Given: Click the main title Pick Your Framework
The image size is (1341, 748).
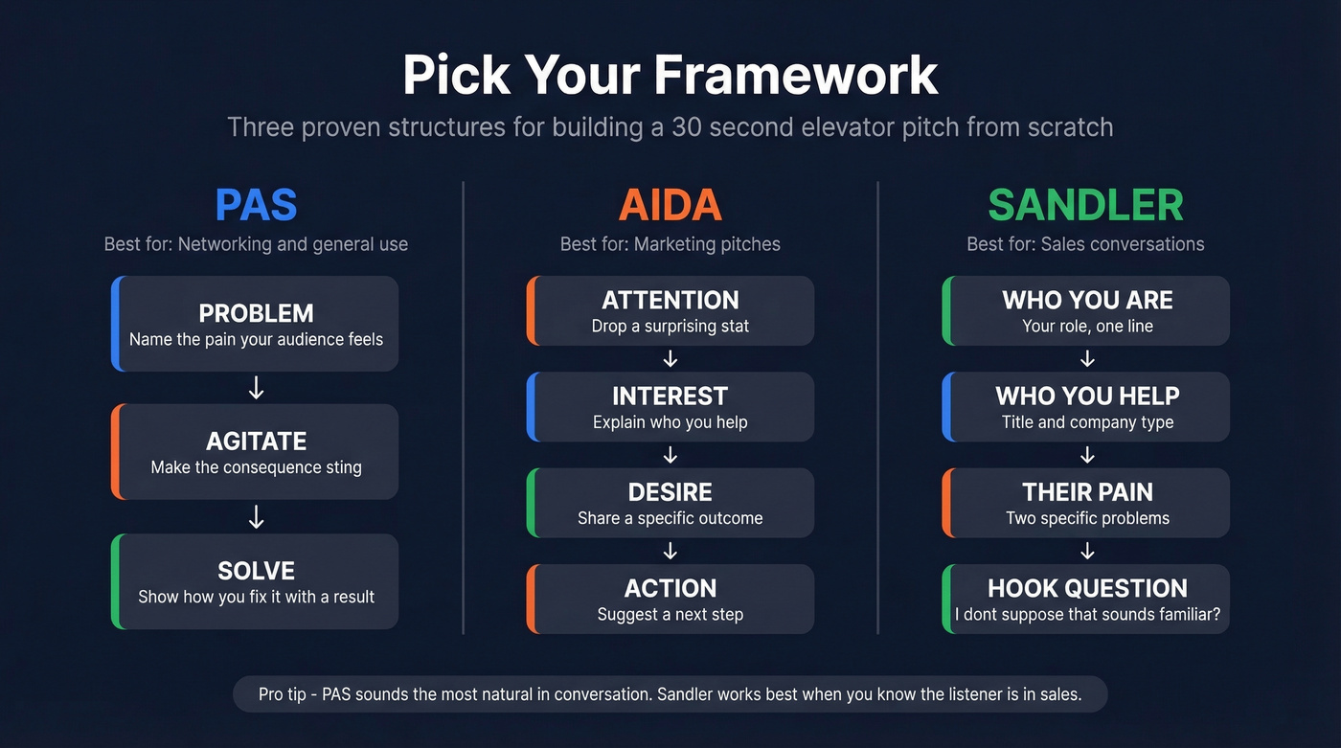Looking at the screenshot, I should [x=670, y=75].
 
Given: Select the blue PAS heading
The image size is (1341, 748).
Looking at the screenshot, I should [x=256, y=205].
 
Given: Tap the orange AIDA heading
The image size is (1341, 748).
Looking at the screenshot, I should [x=670, y=205].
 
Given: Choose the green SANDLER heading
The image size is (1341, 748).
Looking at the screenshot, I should [x=1085, y=205].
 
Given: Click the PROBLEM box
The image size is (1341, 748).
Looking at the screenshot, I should [x=256, y=325].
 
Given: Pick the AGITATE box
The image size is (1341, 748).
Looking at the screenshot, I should [x=256, y=452].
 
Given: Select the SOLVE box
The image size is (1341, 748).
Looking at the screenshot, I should [x=256, y=581].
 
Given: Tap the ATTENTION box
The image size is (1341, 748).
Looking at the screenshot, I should [x=670, y=311].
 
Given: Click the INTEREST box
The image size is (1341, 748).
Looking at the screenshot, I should [x=670, y=407].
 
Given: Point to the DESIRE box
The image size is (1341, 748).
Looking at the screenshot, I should [x=670, y=503].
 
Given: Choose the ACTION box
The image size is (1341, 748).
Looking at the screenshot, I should [x=670, y=599].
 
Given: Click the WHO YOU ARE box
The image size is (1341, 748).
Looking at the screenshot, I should [x=1086, y=311].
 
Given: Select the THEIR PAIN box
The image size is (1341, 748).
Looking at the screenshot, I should [x=1086, y=503].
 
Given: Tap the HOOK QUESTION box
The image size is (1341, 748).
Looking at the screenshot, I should [x=1086, y=599].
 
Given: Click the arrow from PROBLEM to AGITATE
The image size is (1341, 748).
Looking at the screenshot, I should [x=256, y=388].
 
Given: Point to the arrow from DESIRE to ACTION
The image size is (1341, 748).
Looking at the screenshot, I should [x=670, y=551].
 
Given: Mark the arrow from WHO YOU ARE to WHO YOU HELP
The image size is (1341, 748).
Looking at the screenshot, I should [x=1087, y=359].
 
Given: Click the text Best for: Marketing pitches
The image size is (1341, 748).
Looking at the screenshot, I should [x=670, y=244].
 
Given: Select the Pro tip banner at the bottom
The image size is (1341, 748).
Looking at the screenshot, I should [x=670, y=694].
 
